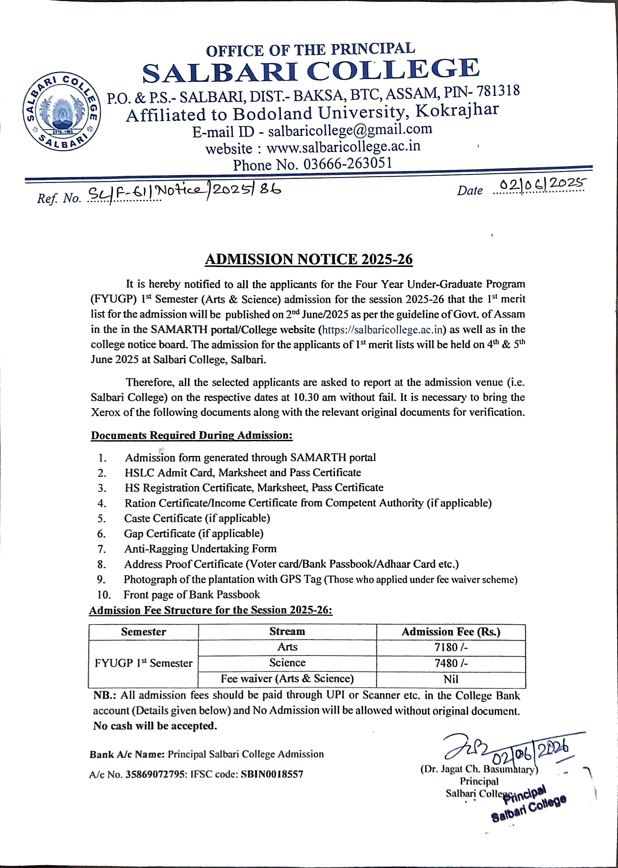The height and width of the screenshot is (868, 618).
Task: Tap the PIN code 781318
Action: coord(498,91)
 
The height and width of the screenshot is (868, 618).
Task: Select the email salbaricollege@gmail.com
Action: coord(350,130)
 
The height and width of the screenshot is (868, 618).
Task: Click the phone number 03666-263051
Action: coord(347,164)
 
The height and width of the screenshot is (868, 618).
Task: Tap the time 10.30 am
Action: coord(315,397)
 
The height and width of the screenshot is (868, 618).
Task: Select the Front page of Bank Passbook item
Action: coord(191,595)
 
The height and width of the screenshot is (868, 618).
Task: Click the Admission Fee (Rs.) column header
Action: coord(451,632)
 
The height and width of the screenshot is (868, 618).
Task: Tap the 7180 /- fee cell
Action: coord(451,647)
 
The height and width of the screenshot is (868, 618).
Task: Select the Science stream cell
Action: coord(287,663)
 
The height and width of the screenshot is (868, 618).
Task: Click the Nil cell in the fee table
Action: coord(451,679)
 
